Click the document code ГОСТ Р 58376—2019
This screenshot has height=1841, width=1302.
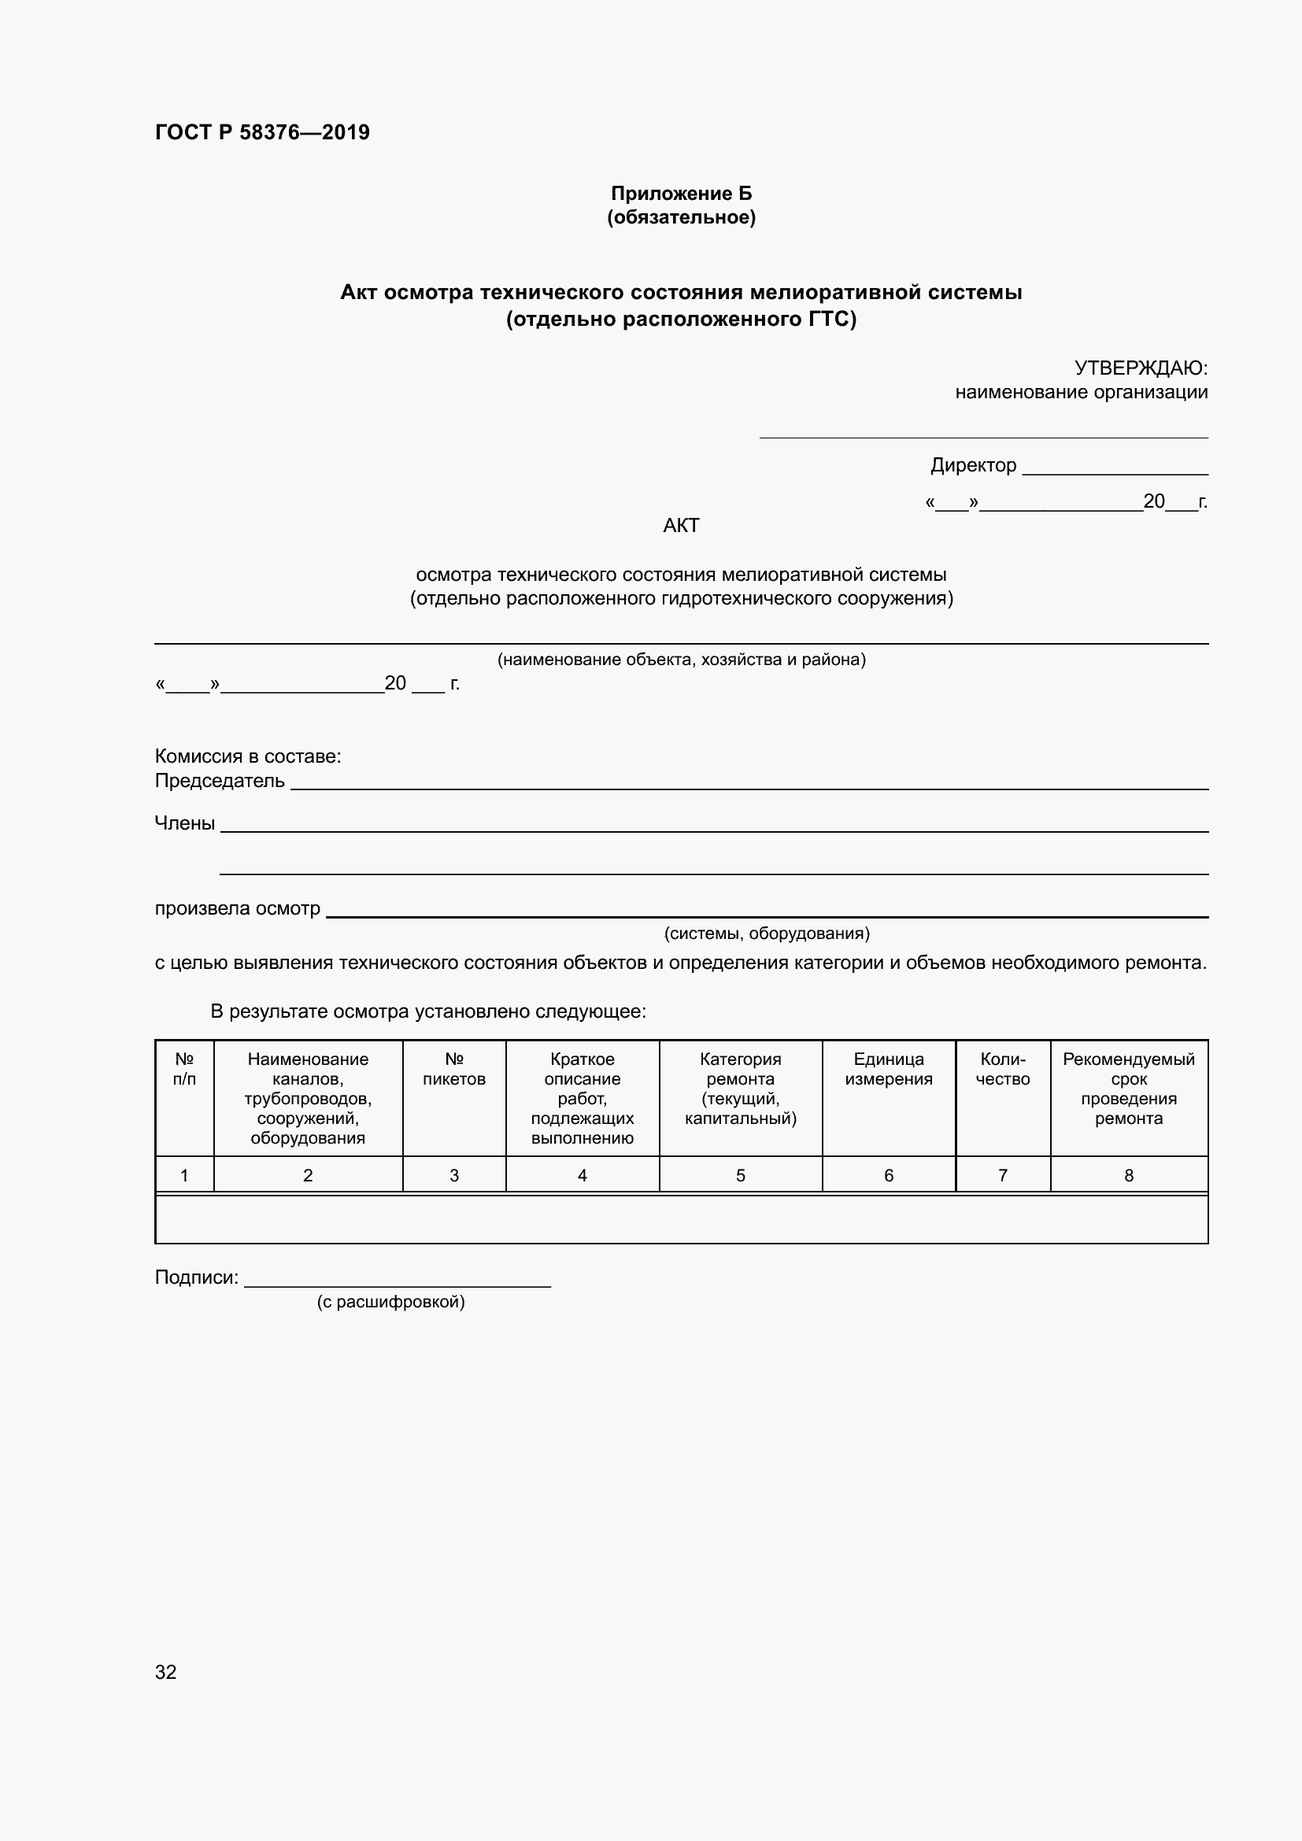(262, 132)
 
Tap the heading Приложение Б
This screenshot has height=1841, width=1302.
(681, 194)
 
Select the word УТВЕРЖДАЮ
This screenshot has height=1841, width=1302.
(1140, 368)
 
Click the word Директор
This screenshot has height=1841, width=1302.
(972, 465)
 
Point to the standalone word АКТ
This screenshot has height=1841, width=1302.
(681, 525)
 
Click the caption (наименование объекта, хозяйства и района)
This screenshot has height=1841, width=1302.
(682, 659)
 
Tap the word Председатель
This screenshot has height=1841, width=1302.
(220, 780)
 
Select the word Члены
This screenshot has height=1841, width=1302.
(184, 823)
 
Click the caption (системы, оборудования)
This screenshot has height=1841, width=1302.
(767, 933)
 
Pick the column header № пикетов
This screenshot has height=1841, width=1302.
(453, 1069)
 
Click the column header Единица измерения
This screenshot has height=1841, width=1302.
(888, 1069)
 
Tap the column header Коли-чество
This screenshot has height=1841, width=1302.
(1002, 1069)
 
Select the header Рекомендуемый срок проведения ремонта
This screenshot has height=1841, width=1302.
(1128, 1088)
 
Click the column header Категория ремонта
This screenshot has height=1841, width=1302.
(740, 1088)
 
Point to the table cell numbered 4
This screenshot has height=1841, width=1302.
(582, 1175)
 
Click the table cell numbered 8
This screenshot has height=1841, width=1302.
(1128, 1175)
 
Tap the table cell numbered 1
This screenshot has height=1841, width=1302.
(184, 1175)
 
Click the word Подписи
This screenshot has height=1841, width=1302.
(197, 1277)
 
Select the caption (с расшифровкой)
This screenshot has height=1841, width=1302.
(390, 1301)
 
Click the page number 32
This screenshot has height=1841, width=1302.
(166, 1672)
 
